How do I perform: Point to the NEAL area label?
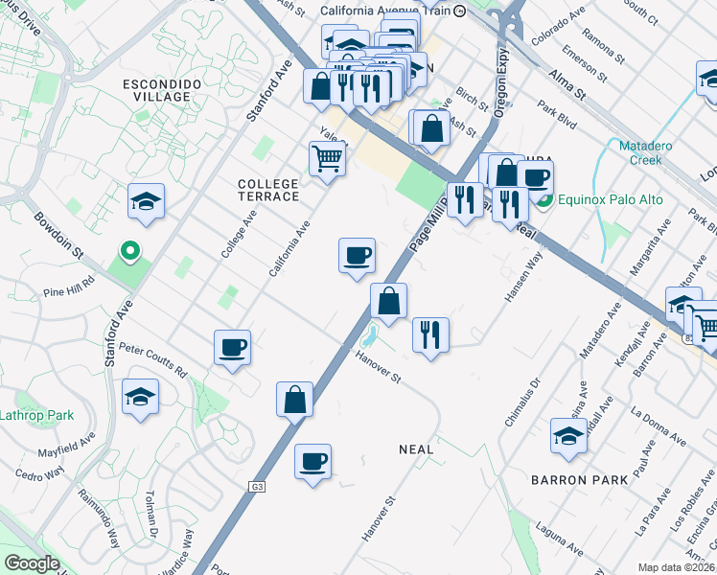[415, 448]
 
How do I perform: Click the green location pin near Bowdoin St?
[131, 252]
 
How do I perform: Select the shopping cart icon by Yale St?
[327, 158]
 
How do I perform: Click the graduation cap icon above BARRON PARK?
[568, 436]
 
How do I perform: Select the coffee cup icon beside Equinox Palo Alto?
[535, 177]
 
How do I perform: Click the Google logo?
[32, 563]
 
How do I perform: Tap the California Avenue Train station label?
[385, 11]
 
